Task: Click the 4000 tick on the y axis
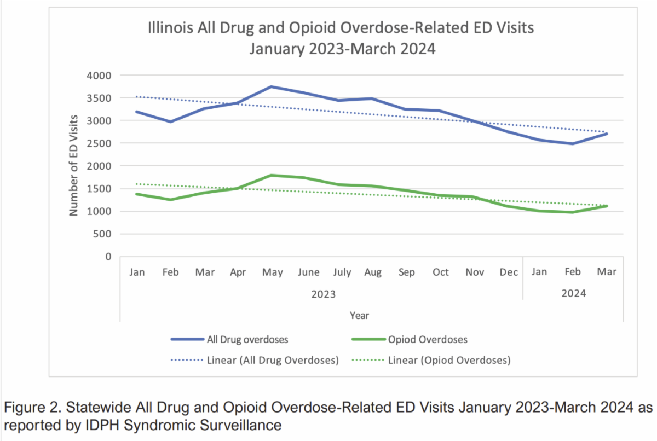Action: point(100,76)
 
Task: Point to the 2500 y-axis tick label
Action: point(100,143)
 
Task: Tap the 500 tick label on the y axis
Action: point(103,234)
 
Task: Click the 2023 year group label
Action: point(323,294)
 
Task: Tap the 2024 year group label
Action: point(574,294)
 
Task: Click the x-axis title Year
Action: point(359,315)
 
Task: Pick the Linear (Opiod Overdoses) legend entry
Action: point(449,360)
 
